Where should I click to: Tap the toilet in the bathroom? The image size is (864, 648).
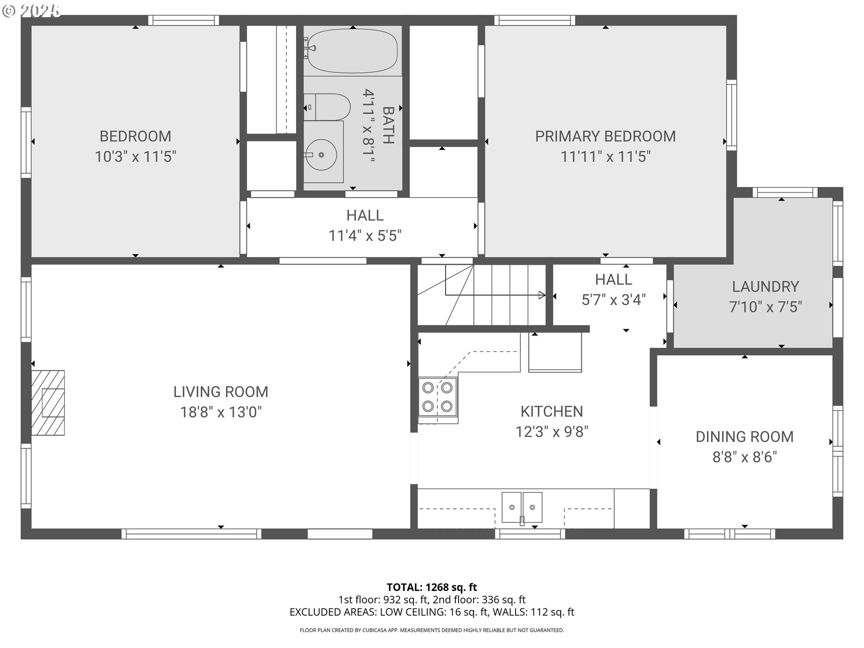tap(327, 107)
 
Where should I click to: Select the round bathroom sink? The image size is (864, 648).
tap(320, 155)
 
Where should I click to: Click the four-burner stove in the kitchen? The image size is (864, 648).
tap(438, 396)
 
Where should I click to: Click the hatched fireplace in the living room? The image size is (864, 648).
tap(48, 403)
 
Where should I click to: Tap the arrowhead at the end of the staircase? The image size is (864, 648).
tap(542, 295)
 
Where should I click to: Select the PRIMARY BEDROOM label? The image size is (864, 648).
tap(605, 136)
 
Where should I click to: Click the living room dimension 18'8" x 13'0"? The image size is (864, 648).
tap(221, 412)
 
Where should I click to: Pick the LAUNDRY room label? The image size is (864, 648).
tap(765, 287)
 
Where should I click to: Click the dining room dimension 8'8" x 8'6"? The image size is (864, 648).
tap(745, 457)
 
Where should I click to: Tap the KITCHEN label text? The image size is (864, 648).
tap(552, 411)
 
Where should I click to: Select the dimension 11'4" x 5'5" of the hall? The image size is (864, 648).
tap(365, 236)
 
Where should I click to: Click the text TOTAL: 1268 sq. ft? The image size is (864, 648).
tap(432, 587)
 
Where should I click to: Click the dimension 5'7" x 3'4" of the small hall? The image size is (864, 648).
tap(614, 300)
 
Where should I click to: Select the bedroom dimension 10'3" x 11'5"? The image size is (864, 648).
tap(135, 157)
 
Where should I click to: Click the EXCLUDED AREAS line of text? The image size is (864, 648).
tap(432, 612)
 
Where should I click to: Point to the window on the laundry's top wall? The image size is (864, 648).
tap(785, 193)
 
